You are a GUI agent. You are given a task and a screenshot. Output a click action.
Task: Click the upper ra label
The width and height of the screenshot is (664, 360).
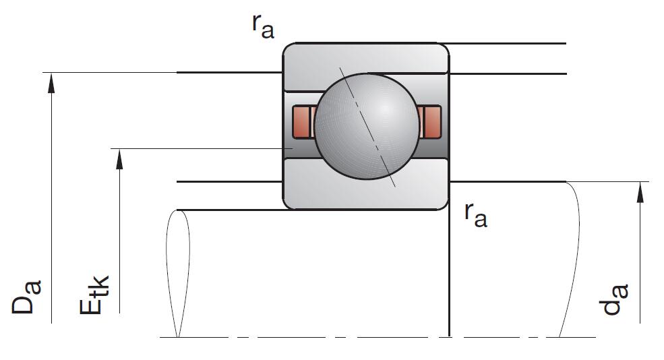point(262,25)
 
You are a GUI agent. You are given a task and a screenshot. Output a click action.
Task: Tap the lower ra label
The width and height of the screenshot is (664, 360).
point(475,214)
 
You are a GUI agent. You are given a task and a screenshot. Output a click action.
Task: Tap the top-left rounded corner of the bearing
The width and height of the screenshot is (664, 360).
point(288,49)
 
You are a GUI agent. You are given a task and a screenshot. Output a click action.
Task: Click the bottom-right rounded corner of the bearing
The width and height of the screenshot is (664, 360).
point(443,204)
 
